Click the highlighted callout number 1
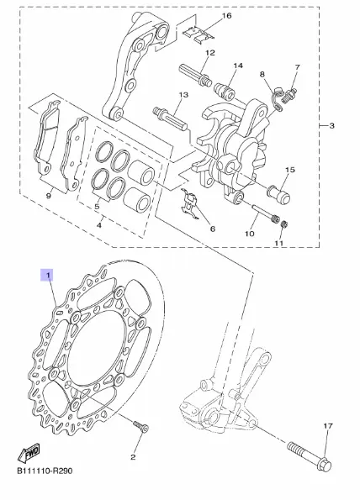[x=46, y=275]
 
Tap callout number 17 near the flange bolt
[x=328, y=426]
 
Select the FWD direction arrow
[x=29, y=452]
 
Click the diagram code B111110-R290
[x=45, y=471]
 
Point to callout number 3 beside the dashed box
[x=331, y=126]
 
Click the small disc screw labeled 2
[x=140, y=427]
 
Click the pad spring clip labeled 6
[x=189, y=204]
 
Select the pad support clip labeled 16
[x=199, y=34]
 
